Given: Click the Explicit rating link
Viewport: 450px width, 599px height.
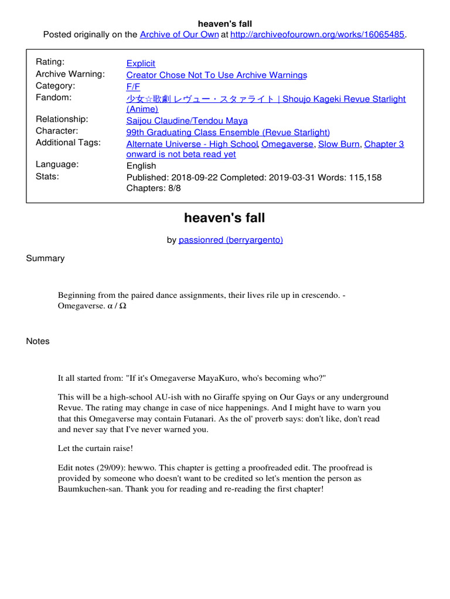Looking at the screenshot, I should point(141,63).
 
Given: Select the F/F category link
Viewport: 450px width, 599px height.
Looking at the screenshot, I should point(133,87).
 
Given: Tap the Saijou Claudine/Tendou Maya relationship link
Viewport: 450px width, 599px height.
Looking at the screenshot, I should point(187,121).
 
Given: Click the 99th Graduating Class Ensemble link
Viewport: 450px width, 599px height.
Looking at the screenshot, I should point(228,132).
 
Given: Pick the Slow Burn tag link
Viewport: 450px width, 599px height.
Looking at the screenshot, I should point(339,144).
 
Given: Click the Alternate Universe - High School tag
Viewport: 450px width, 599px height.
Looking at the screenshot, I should point(192,144).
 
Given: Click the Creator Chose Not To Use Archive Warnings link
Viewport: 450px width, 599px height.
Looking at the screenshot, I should point(216,75).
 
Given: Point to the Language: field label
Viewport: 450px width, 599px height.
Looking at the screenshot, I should point(57,164).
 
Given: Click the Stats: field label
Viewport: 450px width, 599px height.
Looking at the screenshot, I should point(48,175).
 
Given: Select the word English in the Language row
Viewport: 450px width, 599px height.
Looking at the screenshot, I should point(141,166).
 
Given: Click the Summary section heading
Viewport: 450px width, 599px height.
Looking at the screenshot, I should point(45,258).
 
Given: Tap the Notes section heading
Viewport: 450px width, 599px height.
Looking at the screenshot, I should point(38,341).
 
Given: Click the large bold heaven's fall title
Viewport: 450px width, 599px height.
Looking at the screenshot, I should point(224,218).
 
